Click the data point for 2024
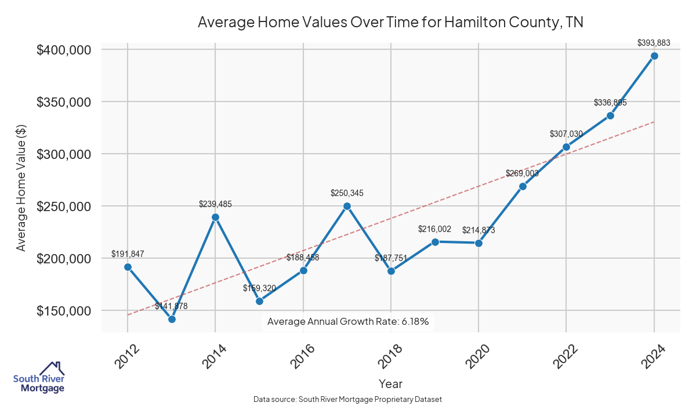point(654,56)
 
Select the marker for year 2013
point(172,319)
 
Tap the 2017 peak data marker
point(347,206)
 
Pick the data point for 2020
point(478,243)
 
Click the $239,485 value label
point(215,204)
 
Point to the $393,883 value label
point(654,42)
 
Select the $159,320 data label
point(259,288)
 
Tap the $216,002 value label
point(434,229)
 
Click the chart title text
point(390,23)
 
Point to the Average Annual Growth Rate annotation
point(348,322)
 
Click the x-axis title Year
point(390,384)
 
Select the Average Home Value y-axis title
point(21,187)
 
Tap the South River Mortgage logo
point(39,378)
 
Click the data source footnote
point(348,400)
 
